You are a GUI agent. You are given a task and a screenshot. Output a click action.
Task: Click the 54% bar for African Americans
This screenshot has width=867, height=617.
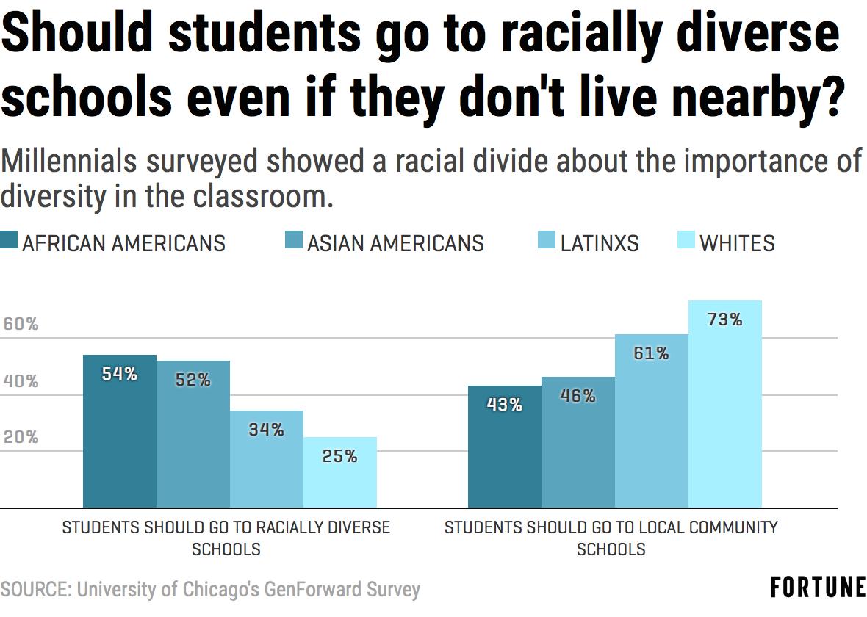click(120, 431)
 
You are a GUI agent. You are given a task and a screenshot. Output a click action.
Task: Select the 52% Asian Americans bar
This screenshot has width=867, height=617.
click(193, 434)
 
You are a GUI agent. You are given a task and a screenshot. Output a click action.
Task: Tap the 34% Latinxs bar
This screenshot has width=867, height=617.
click(267, 459)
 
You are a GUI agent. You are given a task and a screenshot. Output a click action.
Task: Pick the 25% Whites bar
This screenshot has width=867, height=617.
click(340, 472)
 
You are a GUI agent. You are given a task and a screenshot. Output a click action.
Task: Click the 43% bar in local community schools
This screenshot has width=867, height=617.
click(504, 447)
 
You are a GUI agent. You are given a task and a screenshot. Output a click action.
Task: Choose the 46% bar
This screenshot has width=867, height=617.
click(578, 442)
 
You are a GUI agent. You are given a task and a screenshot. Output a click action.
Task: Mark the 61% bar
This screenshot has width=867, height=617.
click(652, 421)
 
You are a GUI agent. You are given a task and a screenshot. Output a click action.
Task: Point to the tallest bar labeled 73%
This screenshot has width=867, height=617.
click(725, 404)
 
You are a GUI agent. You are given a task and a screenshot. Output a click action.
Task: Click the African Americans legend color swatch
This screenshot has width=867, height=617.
click(9, 240)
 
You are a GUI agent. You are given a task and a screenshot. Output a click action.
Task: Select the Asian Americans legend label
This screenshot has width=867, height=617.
click(395, 243)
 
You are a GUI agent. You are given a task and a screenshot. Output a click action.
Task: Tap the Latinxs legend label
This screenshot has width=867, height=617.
click(600, 243)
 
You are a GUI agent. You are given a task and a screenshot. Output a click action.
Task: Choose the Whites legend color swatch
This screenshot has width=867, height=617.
click(686, 240)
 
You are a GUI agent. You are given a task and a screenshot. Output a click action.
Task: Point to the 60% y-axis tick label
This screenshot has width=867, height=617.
click(21, 324)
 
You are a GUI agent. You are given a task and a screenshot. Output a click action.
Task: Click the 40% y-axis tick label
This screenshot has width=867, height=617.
click(21, 381)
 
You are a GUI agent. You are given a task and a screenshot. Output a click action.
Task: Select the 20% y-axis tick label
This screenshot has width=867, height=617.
click(21, 437)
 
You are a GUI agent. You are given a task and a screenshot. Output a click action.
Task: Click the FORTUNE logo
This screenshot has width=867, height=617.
click(819, 587)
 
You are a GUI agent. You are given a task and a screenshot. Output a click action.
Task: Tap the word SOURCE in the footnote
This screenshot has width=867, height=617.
click(34, 589)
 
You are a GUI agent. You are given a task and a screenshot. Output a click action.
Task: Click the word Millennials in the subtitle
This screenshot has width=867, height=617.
click(68, 162)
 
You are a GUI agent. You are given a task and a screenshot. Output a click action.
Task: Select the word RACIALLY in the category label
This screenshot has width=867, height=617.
click(284, 527)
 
